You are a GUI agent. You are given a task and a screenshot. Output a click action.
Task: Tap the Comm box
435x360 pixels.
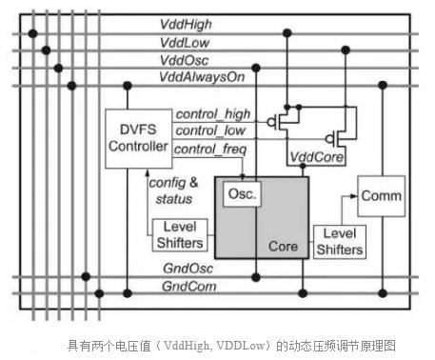(380, 196)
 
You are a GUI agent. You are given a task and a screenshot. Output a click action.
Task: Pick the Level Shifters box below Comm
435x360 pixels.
(339, 242)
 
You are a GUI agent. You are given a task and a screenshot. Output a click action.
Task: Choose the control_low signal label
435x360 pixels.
(209, 130)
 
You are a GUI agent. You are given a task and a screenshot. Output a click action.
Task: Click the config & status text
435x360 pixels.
(171, 189)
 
